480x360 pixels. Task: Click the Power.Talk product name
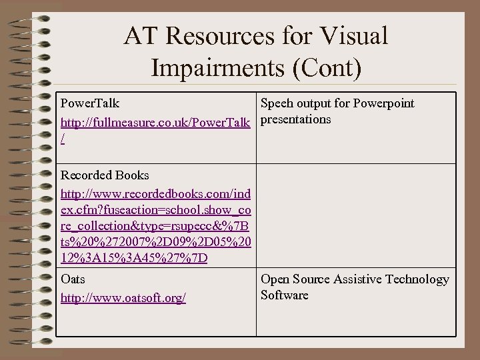(x=90, y=103)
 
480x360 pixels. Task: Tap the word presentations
(x=295, y=120)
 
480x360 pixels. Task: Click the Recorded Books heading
(x=105, y=175)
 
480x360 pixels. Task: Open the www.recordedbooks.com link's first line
(x=156, y=194)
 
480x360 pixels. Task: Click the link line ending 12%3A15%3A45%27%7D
(x=134, y=258)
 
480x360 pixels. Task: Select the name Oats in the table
(x=73, y=279)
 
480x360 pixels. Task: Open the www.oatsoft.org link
(x=123, y=298)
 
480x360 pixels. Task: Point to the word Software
(x=285, y=295)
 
